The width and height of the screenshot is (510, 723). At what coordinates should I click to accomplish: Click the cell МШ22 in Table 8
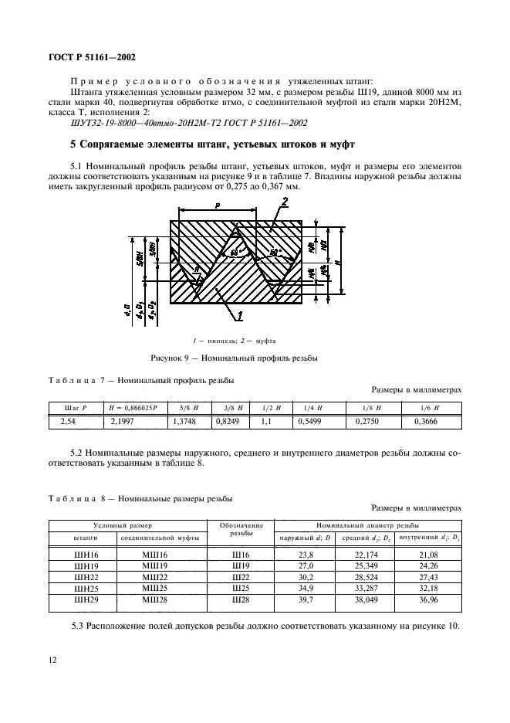[x=156, y=577]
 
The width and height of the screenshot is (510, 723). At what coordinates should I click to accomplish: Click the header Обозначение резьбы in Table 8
[x=241, y=529]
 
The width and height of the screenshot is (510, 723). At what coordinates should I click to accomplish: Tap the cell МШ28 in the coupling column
[x=156, y=599]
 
